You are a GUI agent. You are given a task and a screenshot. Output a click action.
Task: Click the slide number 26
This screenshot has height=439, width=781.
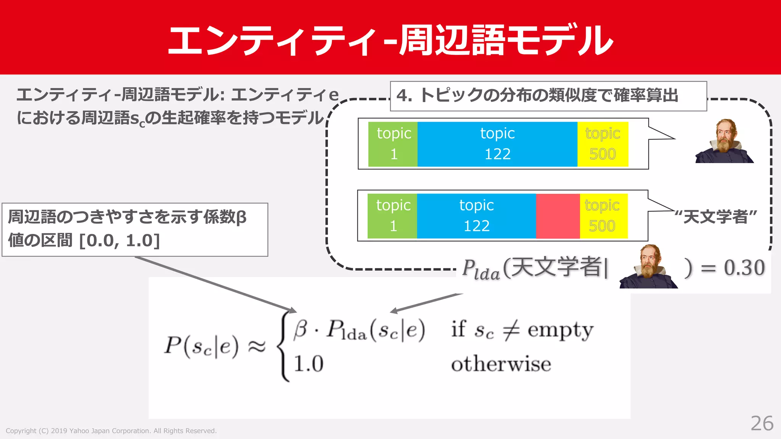tap(762, 423)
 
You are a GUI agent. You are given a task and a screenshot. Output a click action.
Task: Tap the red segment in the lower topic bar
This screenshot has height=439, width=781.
tap(558, 216)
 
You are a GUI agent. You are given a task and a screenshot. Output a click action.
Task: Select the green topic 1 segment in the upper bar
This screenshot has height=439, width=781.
tap(393, 144)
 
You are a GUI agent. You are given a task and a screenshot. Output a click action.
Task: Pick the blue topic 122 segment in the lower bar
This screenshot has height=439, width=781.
tap(476, 216)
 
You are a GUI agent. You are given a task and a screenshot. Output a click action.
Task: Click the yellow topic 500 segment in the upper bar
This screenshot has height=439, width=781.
tap(603, 144)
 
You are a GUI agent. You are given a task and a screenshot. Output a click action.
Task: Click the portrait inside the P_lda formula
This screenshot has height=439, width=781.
tap(649, 267)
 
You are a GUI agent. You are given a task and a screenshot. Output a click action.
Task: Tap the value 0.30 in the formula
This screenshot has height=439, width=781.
tap(744, 268)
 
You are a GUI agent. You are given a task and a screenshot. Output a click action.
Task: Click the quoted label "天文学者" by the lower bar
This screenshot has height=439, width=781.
tap(715, 217)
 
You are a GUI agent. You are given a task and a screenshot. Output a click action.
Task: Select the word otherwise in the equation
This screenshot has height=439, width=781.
tap(501, 364)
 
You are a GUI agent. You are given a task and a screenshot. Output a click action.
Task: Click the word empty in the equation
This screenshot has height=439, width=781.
tap(560, 330)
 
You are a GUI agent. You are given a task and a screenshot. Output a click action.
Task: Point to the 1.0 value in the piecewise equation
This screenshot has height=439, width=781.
tap(308, 364)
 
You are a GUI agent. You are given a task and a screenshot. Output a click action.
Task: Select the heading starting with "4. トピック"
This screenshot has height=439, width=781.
tap(537, 96)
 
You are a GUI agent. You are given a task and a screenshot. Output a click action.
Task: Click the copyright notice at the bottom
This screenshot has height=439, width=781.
tap(111, 431)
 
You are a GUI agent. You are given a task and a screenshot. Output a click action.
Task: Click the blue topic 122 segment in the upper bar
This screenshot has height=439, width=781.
tap(497, 144)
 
